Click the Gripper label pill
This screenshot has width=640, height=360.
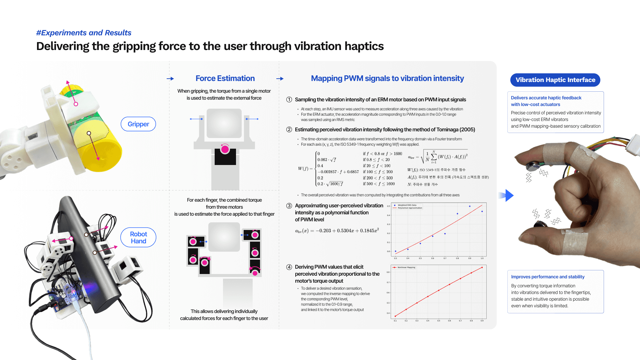pyautogui.click(x=138, y=124)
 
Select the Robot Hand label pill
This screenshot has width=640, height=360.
pyautogui.click(x=138, y=237)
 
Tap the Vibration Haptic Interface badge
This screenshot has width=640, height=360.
pyautogui.click(x=555, y=80)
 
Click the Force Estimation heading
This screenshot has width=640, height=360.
pyautogui.click(x=225, y=78)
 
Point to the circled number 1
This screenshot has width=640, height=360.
pyautogui.click(x=289, y=100)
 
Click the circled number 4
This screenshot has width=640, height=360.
pyautogui.click(x=289, y=267)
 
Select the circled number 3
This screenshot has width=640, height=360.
pyautogui.click(x=289, y=206)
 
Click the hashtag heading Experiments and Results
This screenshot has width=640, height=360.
pyautogui.click(x=84, y=33)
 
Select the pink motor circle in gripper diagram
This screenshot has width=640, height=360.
pyautogui.click(x=225, y=149)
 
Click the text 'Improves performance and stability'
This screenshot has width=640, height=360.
pyautogui.click(x=548, y=277)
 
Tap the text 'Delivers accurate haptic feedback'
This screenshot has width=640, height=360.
pyautogui.click(x=546, y=98)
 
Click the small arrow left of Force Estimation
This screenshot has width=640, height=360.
pyautogui.click(x=170, y=79)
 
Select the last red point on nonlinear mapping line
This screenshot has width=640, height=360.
pyautogui.click(x=482, y=267)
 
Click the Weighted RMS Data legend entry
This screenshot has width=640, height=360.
pyautogui.click(x=407, y=205)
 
